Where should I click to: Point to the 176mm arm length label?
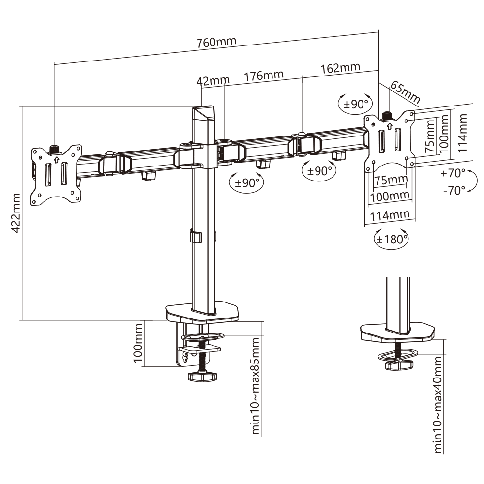(x=263, y=76)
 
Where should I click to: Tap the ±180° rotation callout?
(x=391, y=239)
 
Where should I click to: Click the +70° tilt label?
(x=453, y=172)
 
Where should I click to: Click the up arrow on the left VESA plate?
(x=56, y=158)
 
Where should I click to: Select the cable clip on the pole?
(x=196, y=237)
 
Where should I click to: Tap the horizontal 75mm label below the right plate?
(x=391, y=180)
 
